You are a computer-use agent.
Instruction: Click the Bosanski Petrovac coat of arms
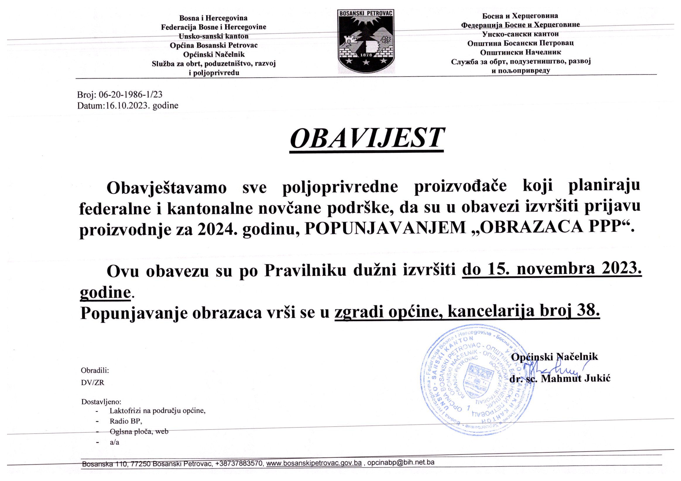click(366, 41)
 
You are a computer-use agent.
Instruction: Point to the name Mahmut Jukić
click(575, 379)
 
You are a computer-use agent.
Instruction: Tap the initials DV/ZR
click(93, 382)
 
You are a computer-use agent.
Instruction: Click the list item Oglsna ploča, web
click(139, 432)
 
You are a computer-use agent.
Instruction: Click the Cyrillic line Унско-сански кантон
click(520, 34)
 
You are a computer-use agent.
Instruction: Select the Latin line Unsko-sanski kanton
click(214, 36)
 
